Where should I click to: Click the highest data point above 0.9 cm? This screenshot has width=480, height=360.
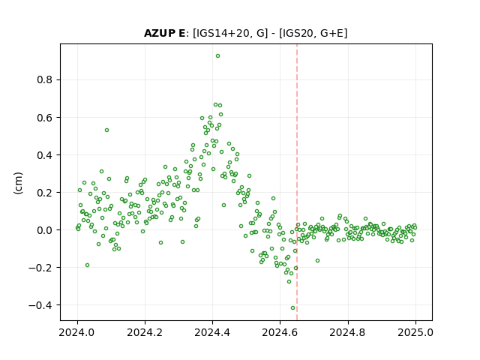tap(217, 56)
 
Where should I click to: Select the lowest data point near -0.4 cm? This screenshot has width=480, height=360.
tap(293, 308)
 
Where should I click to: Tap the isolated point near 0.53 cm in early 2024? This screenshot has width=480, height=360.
tap(106, 130)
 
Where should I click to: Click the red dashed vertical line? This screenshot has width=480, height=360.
tap(297, 182)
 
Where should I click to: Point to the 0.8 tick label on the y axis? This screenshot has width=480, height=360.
tap(45, 80)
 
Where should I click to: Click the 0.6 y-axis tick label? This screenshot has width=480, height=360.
tap(45, 118)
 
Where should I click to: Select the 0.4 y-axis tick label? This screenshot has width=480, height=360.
tap(45, 155)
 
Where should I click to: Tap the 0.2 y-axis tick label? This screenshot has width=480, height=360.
tap(45, 193)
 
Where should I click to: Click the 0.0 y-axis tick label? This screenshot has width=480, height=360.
tap(45, 230)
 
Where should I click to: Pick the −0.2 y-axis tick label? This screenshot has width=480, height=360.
tap(40, 268)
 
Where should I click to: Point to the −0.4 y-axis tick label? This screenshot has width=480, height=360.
tap(40, 305)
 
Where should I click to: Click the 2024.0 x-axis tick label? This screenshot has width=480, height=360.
tap(77, 332)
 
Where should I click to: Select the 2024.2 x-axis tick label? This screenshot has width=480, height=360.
tap(145, 332)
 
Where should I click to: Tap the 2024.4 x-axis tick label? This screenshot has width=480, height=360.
tap(212, 332)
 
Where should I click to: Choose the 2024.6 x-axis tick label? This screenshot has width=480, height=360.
tap(280, 332)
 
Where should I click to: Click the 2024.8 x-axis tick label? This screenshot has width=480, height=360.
tap(348, 332)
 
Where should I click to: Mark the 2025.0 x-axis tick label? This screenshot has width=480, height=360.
tap(415, 332)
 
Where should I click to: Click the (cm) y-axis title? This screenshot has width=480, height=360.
tap(18, 183)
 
